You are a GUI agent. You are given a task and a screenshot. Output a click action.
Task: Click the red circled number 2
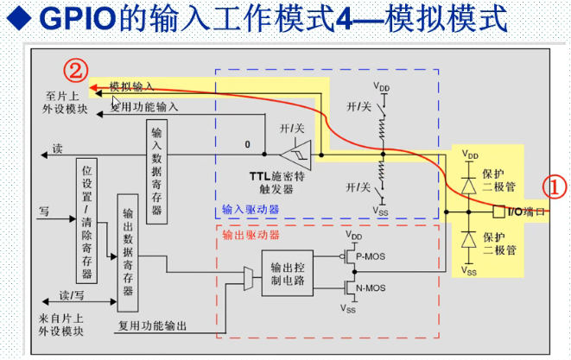[x=77, y=67]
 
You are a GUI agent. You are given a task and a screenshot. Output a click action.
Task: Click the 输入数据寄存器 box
[x=156, y=170]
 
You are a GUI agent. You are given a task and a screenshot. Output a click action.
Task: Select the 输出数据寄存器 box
[x=127, y=253]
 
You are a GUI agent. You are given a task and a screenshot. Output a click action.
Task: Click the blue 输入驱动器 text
[x=251, y=209]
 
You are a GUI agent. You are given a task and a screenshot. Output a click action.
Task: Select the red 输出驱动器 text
[x=251, y=234]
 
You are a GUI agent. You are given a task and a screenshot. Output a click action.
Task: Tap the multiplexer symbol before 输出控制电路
[x=248, y=277]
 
